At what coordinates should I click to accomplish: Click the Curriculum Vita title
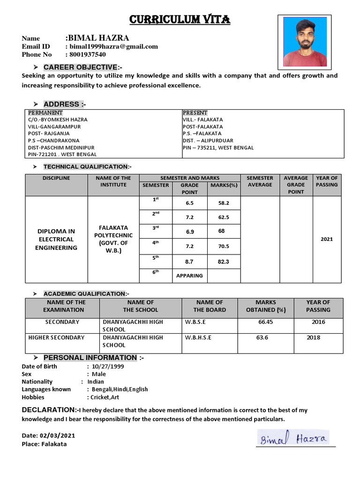coord(180,19)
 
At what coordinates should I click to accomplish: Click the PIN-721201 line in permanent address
coord(62,154)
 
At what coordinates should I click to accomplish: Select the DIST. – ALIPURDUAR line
coord(208,140)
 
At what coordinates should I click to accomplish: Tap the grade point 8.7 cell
coord(189,262)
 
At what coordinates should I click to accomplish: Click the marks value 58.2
coord(224,203)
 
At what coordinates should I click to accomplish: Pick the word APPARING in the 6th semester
coord(189,276)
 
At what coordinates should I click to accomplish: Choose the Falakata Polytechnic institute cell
coord(113,239)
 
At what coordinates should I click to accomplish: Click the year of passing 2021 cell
coord(327,239)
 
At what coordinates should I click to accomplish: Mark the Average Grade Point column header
coord(296,185)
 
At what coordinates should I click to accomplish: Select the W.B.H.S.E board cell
coord(198,337)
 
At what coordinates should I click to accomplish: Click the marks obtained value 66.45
coord(265,322)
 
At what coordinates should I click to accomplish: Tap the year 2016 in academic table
coord(318,322)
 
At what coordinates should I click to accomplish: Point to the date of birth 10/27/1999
coord(108,367)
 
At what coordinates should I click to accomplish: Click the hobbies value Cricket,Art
coord(104,397)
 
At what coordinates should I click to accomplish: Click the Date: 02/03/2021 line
coord(48,435)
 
